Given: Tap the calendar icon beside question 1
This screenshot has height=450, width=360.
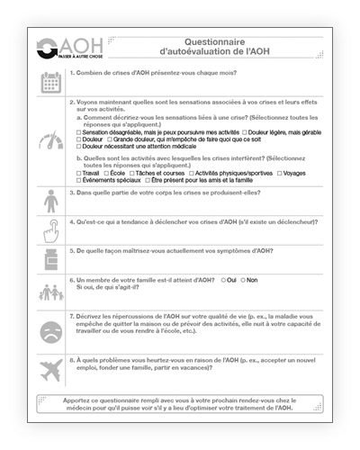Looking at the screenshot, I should (51, 83).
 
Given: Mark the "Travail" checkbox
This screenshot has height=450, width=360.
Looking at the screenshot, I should (79, 172).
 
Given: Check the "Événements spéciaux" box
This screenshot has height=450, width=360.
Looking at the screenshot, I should (79, 179).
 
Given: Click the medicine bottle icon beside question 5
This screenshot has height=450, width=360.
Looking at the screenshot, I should (51, 260).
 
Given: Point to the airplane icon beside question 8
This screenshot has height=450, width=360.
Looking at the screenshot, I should (51, 368).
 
